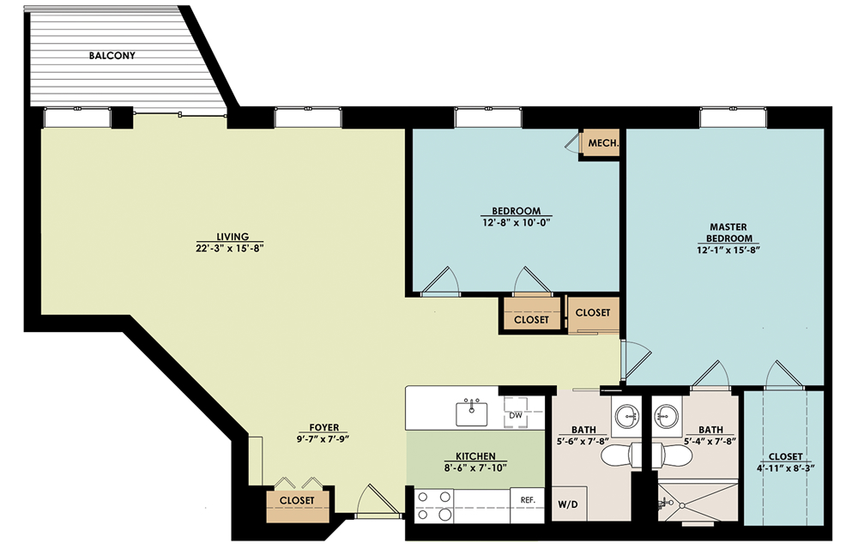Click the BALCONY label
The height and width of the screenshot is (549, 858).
112,55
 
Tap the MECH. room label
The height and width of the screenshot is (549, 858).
603,143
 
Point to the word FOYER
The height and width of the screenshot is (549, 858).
324,427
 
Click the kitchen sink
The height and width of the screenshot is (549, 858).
472,413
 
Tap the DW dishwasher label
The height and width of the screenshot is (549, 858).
516,415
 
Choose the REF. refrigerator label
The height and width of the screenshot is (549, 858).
528,500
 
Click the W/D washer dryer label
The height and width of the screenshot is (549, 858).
568,504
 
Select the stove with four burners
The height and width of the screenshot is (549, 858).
434,506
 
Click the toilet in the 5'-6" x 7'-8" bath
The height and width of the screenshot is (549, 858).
621,455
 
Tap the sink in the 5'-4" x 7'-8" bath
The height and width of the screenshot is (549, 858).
667,417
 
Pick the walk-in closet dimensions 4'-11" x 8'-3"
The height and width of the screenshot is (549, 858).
786,468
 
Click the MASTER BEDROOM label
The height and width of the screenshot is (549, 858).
728,232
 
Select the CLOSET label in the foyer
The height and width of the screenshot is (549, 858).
297,500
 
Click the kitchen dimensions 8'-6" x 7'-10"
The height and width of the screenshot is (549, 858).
475,468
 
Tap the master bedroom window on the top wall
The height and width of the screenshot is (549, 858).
733,118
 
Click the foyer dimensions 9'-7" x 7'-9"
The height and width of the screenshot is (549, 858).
323,438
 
